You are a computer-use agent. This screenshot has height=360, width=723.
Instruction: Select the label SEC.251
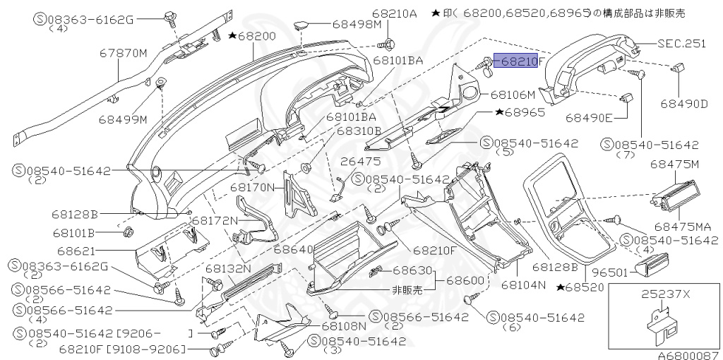tap(681, 43)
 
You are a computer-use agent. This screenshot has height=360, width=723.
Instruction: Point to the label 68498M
tap(356, 24)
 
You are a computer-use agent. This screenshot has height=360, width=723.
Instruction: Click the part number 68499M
tap(122, 119)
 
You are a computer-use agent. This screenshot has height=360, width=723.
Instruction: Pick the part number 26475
tap(360, 161)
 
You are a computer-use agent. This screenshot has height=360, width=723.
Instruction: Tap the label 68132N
tap(228, 269)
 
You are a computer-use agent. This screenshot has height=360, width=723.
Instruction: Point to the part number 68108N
tap(344, 326)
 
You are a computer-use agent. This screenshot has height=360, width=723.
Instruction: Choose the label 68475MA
tap(682, 227)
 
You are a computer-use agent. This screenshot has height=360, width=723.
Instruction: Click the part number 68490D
tap(684, 104)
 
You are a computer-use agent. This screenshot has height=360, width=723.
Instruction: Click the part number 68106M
tap(513, 93)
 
